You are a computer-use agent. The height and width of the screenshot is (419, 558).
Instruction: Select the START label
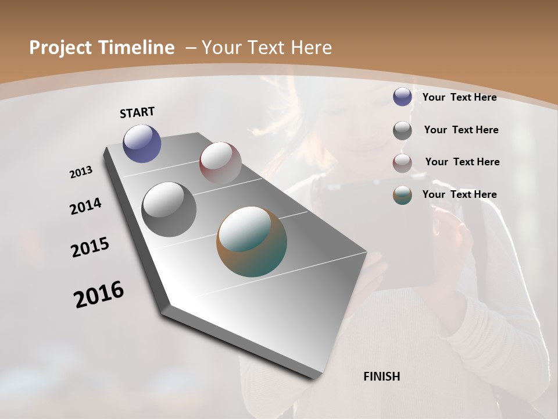pos(137,112)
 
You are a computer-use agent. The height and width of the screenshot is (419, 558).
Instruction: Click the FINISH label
pos(381,377)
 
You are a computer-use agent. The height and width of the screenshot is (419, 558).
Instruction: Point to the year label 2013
pos(81,172)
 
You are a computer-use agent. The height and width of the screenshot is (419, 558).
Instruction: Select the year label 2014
pos(85,207)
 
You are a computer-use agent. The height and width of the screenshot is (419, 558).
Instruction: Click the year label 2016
pos(99,294)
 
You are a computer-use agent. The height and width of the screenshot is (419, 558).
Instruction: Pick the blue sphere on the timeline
pos(142,143)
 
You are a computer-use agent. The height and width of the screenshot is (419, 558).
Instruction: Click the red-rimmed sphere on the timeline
pos(220,162)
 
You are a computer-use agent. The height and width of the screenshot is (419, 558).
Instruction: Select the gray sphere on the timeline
pos(169,209)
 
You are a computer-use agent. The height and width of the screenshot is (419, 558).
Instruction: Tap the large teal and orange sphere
pos(252,241)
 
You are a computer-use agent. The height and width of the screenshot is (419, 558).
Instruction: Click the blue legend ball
pos(402,97)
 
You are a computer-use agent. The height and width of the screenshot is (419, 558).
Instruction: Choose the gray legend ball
pos(402,130)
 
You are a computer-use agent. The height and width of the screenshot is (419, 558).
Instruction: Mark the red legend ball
pos(402,163)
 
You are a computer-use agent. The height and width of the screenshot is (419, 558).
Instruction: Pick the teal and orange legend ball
pos(402,195)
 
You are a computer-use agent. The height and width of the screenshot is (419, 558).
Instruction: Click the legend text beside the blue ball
pos(459,97)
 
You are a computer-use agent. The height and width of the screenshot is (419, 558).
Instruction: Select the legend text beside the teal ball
pos(459,194)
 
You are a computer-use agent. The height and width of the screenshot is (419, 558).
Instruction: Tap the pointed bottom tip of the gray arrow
pos(317,377)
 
